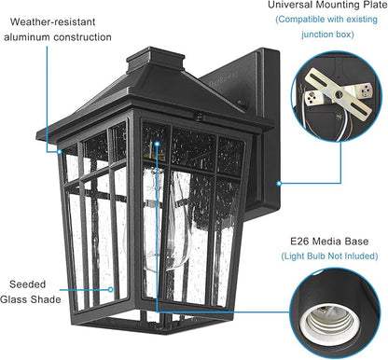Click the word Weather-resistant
point(46,19)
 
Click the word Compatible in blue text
point(305,20)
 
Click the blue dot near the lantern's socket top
point(158,146)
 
